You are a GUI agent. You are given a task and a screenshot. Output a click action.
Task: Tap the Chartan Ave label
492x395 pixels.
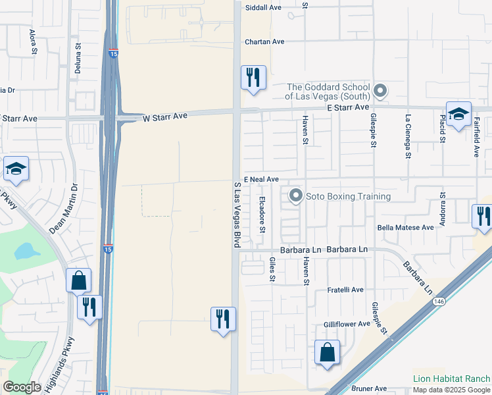[264, 41]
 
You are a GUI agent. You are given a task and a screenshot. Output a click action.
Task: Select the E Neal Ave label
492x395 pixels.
[261, 179]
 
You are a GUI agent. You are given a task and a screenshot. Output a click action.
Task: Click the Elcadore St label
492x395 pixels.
[262, 215]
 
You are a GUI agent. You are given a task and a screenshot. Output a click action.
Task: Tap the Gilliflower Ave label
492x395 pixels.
[348, 325]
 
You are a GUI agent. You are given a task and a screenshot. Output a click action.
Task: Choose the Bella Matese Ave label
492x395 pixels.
[406, 228]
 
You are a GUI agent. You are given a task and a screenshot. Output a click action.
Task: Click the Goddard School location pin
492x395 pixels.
[380, 90]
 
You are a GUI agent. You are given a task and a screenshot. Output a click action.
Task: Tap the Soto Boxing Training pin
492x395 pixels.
[296, 196]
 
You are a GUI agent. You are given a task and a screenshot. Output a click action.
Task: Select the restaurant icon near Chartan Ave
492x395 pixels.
[253, 78]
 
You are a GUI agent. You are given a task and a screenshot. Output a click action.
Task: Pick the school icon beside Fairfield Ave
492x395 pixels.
[458, 113]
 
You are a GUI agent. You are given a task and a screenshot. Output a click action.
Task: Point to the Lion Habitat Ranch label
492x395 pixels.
[451, 379]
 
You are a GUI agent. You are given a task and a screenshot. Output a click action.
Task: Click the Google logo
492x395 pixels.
[22, 387]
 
